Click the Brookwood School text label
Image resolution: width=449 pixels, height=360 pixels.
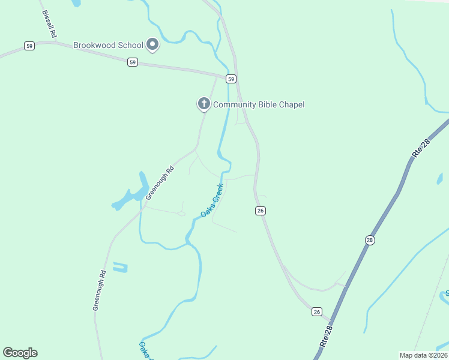[108, 45]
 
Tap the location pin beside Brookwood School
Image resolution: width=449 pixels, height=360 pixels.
[152, 44]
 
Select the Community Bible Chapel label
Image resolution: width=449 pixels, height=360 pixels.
[259, 104]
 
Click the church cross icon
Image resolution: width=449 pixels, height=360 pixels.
[204, 104]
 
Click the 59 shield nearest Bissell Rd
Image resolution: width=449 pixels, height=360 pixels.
[29, 46]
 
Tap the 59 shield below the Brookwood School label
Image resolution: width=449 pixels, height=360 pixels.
[133, 62]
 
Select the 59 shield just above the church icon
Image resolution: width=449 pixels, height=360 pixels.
[231, 79]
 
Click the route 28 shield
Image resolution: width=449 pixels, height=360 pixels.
[370, 240]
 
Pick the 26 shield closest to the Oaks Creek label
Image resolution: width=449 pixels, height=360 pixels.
[260, 211]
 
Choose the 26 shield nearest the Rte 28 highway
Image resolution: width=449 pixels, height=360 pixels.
[317, 311]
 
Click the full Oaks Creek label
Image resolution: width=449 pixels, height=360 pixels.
[212, 200]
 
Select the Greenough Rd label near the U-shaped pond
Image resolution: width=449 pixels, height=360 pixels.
[100, 290]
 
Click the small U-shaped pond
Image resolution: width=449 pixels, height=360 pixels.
[120, 268]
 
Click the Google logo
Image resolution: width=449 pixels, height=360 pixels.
[20, 353]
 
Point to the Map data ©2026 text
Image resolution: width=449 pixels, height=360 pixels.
[423, 355]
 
